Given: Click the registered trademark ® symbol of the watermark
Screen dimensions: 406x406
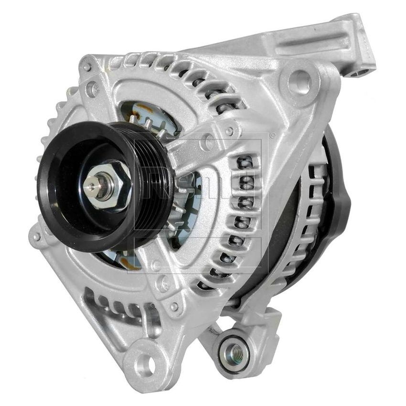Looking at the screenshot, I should pos(273,135).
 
